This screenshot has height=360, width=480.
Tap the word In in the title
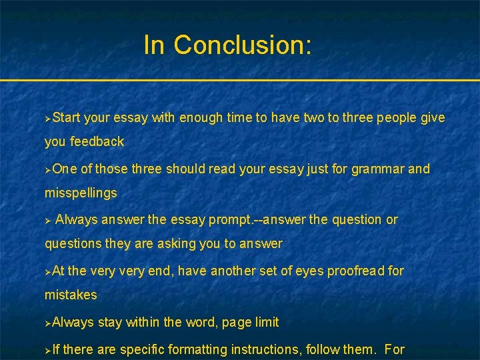coord(154,45)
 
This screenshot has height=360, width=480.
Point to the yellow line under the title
coord(240,81)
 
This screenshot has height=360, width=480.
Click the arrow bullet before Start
coord(48,118)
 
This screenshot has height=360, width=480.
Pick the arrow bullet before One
coord(48,169)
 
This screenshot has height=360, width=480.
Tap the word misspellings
coord(81,193)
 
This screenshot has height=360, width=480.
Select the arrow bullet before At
coord(48,272)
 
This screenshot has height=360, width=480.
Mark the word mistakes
coord(71,295)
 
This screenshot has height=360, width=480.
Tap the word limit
coord(266,323)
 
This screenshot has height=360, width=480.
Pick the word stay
coord(109,323)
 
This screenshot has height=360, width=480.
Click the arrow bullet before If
coord(48,349)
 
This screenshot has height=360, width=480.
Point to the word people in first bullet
coord(398,118)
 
